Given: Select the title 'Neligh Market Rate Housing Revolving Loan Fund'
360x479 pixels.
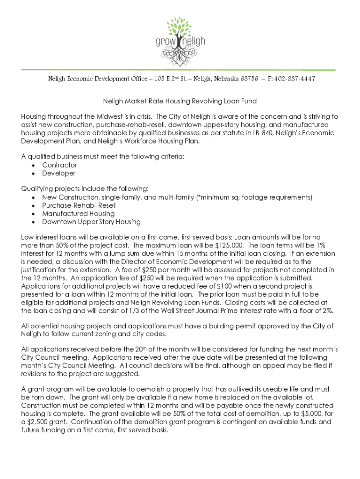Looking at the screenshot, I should [180, 101].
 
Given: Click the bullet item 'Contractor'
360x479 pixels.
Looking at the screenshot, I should [60, 165].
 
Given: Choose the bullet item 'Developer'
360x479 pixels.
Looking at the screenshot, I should [59, 173].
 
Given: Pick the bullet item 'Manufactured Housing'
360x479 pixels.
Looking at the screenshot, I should [78, 213].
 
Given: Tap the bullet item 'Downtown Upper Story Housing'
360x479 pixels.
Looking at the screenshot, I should [91, 222].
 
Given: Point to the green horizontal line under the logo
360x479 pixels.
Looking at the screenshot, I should [180, 70].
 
